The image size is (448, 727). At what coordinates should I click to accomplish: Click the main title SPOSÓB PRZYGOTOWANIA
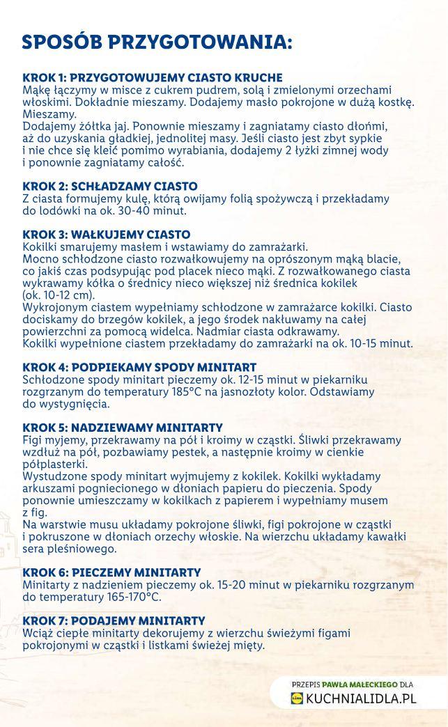(x=157, y=42)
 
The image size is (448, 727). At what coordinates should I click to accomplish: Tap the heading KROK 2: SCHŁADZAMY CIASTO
(x=110, y=187)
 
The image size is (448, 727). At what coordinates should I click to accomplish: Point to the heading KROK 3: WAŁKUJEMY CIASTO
(x=106, y=235)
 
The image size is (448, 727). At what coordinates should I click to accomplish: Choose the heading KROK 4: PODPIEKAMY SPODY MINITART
(x=139, y=367)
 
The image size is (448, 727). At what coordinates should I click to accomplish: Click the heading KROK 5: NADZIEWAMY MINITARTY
(x=123, y=428)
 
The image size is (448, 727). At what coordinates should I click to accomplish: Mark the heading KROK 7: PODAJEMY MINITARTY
(x=114, y=620)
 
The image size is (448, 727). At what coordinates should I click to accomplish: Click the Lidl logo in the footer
(x=298, y=699)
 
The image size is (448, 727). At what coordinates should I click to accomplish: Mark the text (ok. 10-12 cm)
(x=59, y=295)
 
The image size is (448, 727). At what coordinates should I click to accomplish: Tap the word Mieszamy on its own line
(x=49, y=114)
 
